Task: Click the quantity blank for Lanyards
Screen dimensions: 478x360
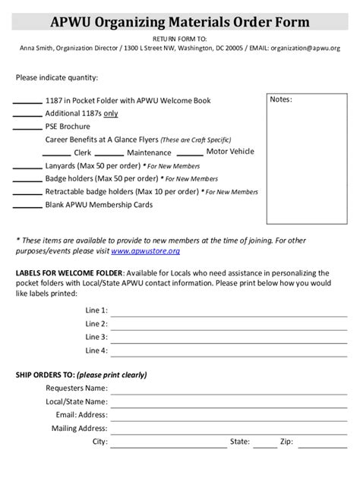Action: click(28, 166)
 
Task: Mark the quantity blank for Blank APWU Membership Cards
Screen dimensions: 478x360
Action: click(28, 206)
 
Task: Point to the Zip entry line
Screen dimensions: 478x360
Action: click(319, 442)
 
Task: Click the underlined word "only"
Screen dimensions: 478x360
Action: click(110, 113)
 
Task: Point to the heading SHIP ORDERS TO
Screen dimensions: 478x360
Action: click(81, 375)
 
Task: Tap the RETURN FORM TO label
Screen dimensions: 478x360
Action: click(179, 37)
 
